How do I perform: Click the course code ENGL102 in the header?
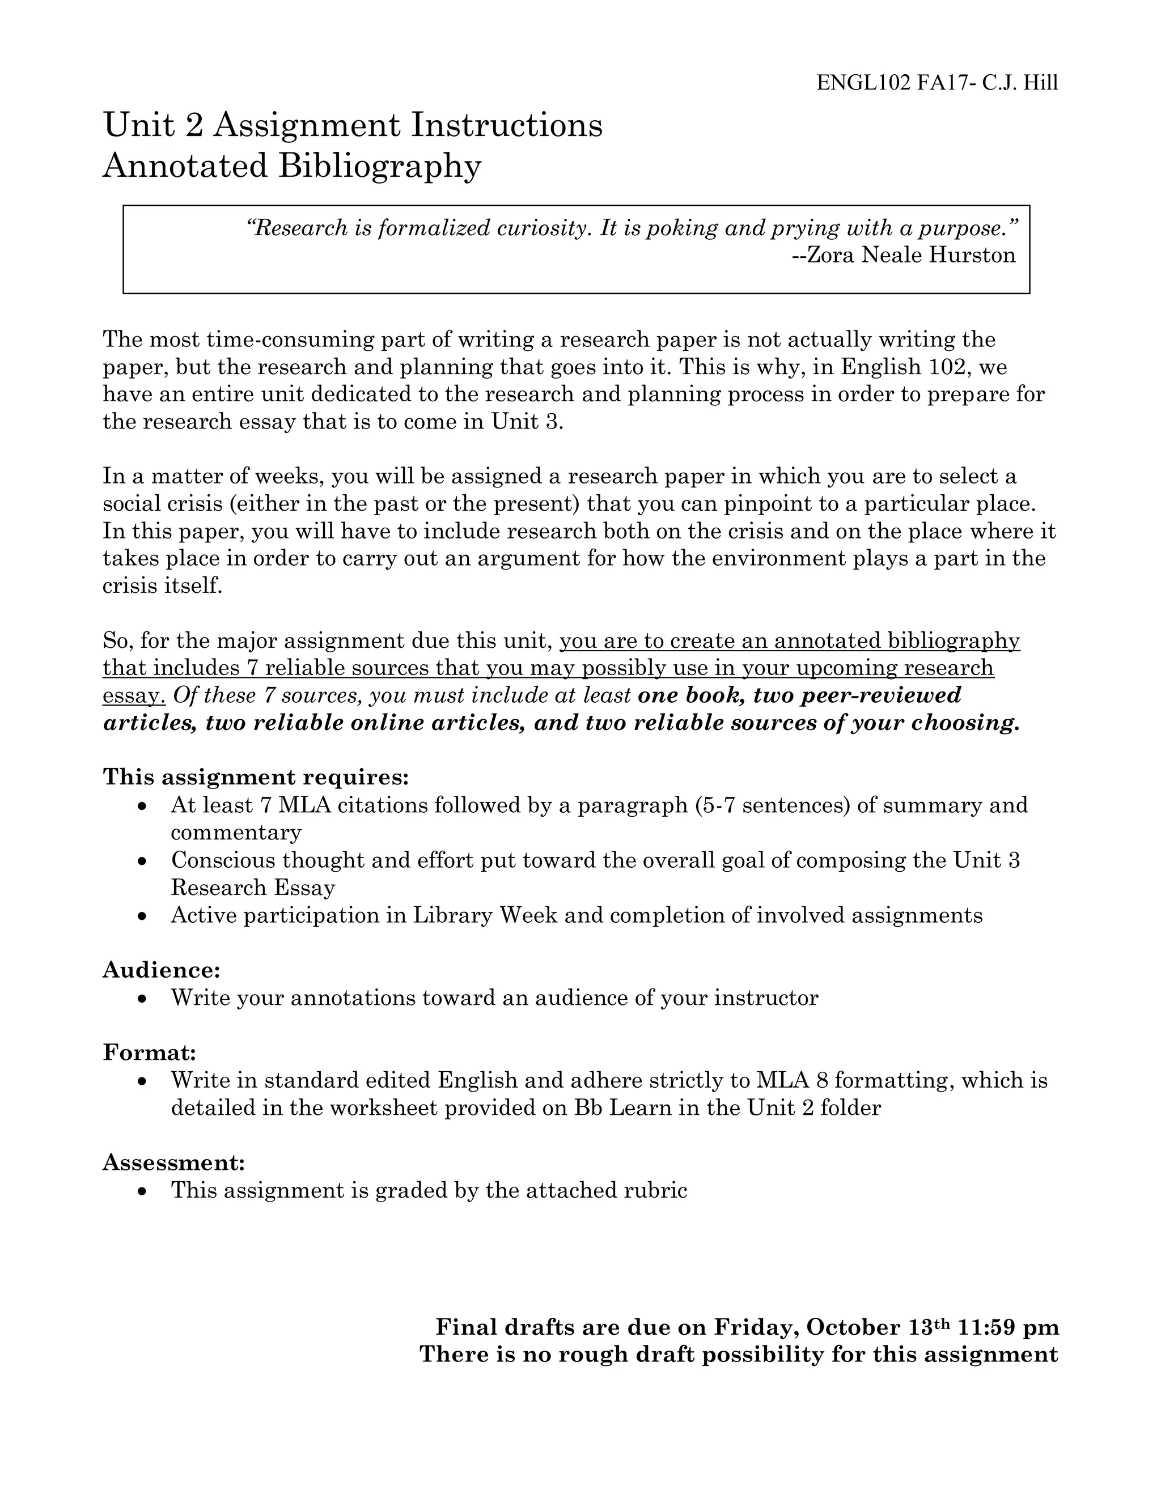point(863,83)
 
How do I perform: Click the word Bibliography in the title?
point(379,166)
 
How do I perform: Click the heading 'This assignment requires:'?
point(256,777)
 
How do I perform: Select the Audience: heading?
point(162,970)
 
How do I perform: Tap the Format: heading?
point(150,1052)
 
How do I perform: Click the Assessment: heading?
point(174,1162)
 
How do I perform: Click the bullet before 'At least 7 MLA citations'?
point(142,805)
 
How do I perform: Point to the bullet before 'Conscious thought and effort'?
point(142,860)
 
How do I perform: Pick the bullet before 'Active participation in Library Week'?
point(142,916)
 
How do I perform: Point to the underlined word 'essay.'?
point(134,696)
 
